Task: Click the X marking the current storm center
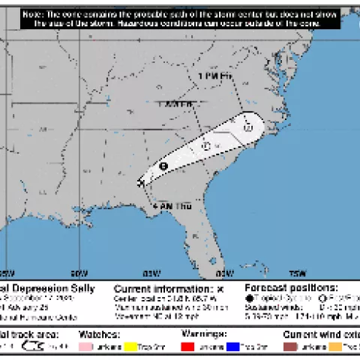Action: pos(141,182)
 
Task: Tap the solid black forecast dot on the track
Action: pos(163,166)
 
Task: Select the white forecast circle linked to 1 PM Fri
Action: pos(247,127)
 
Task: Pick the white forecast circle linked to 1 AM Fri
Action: pos(205,146)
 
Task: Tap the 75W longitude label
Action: pos(298,273)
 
